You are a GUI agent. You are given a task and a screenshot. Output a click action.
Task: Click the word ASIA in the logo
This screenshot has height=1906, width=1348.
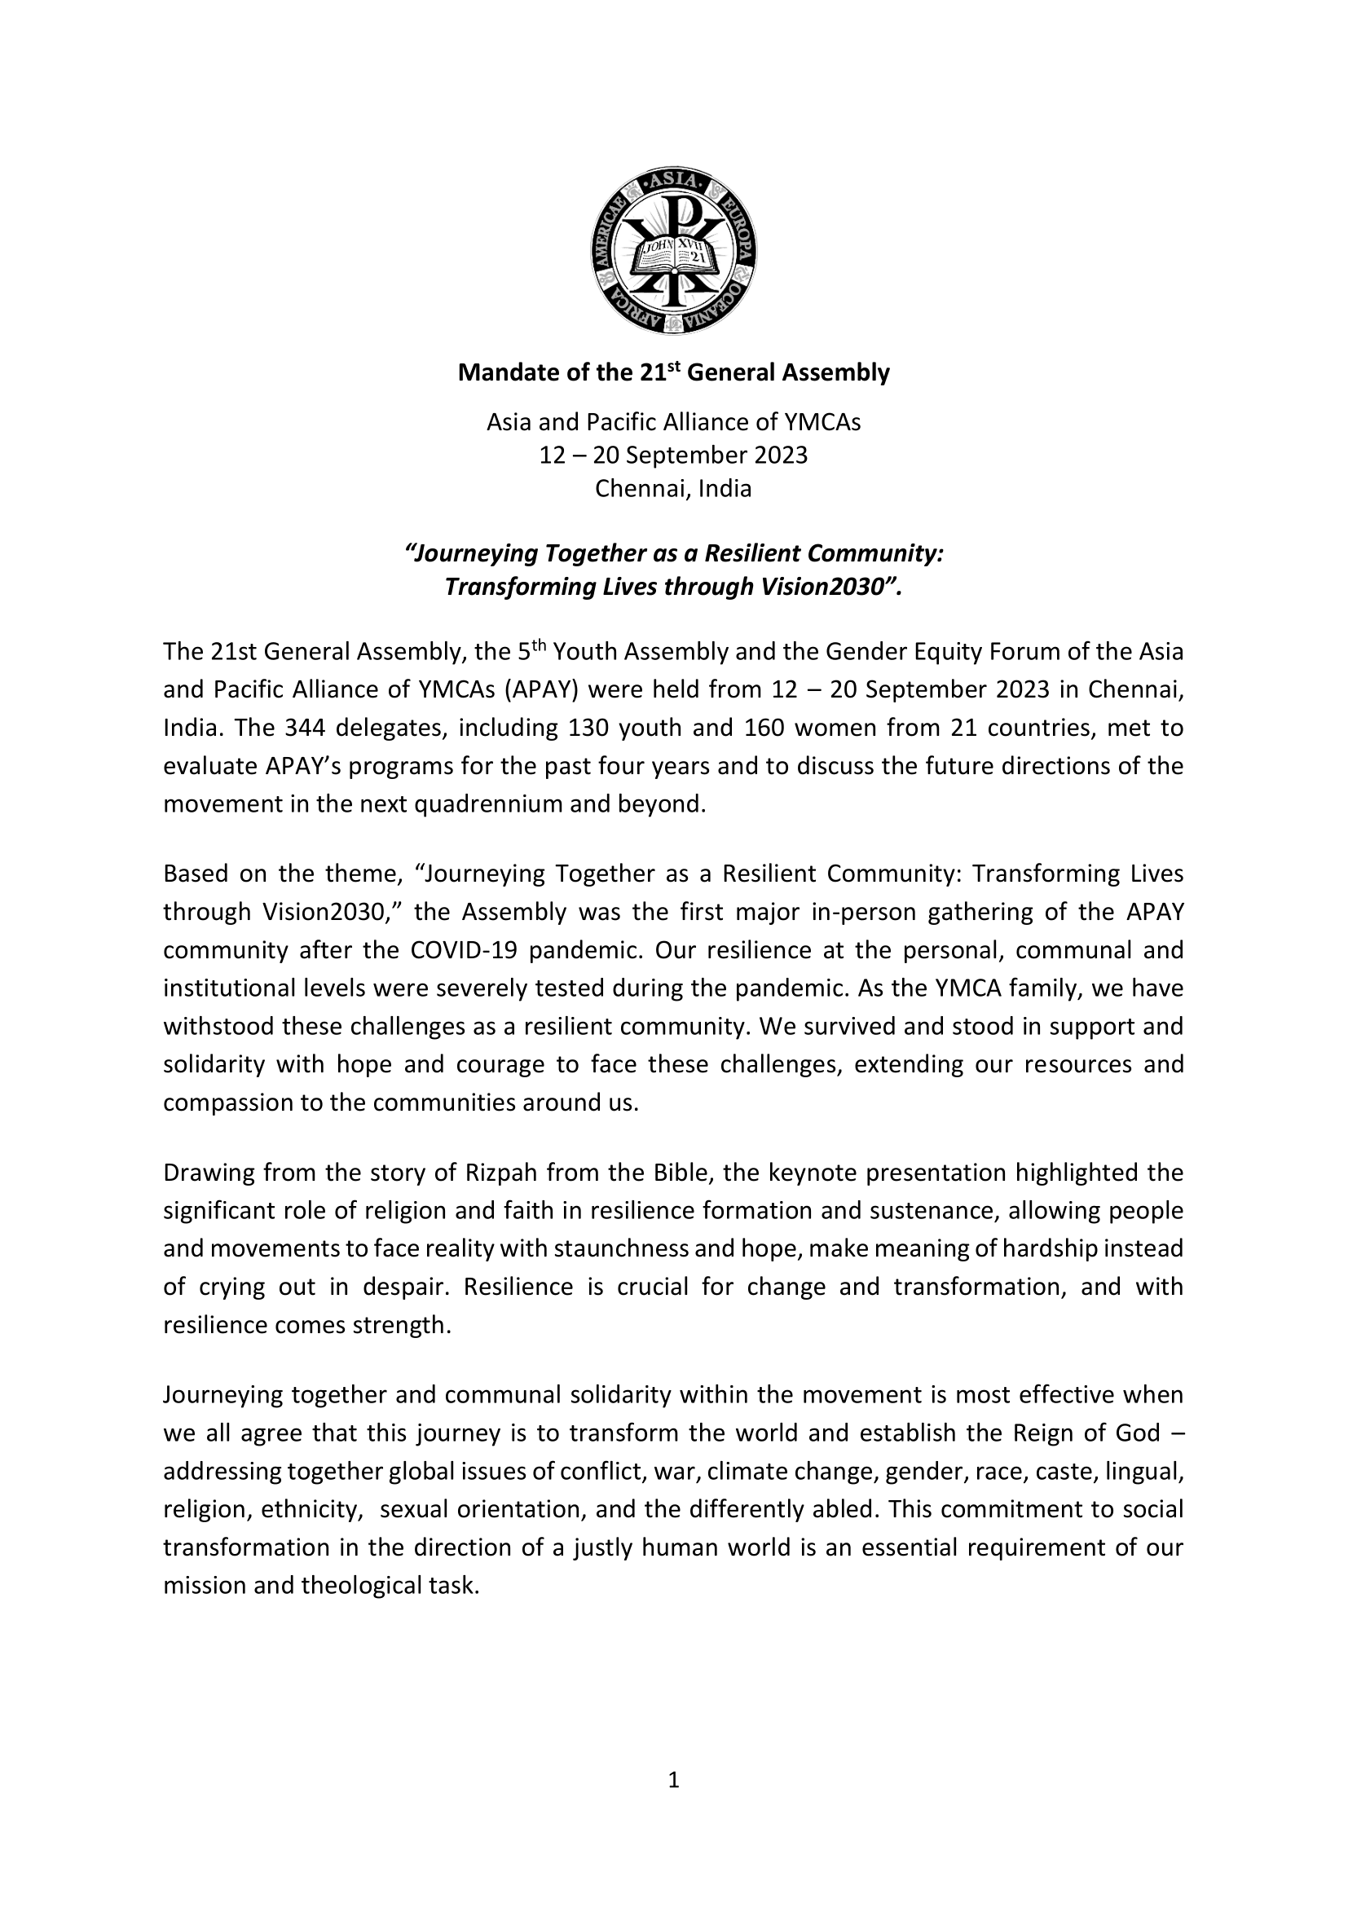click(674, 180)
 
